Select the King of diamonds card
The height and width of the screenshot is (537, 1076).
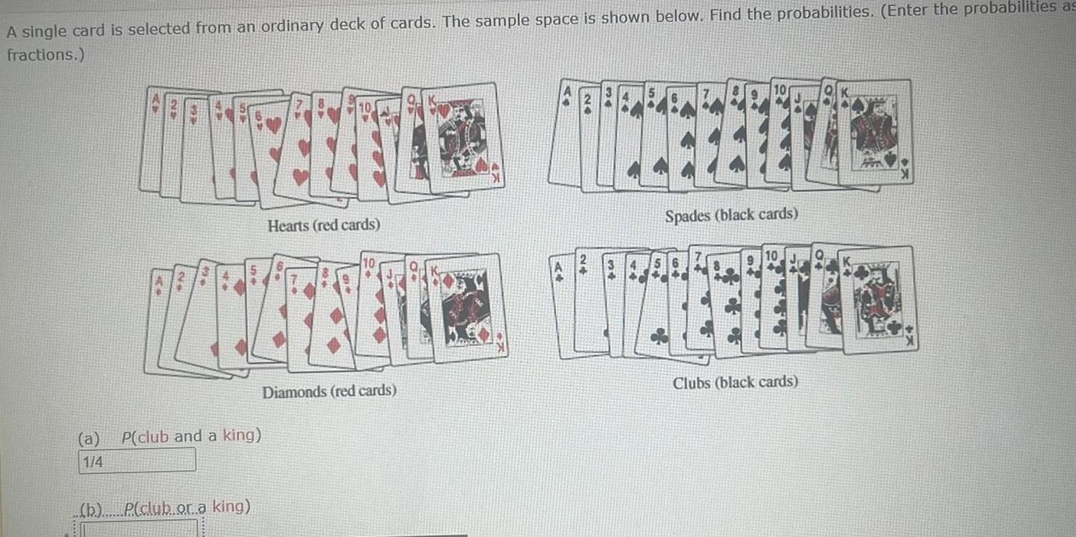(x=468, y=308)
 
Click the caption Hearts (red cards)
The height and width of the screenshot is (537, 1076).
(x=324, y=225)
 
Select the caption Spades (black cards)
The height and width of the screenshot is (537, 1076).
(x=731, y=214)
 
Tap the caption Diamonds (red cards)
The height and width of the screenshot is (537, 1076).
(x=329, y=390)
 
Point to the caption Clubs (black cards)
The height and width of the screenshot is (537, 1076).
(x=735, y=382)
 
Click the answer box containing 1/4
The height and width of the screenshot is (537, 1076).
(x=137, y=461)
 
